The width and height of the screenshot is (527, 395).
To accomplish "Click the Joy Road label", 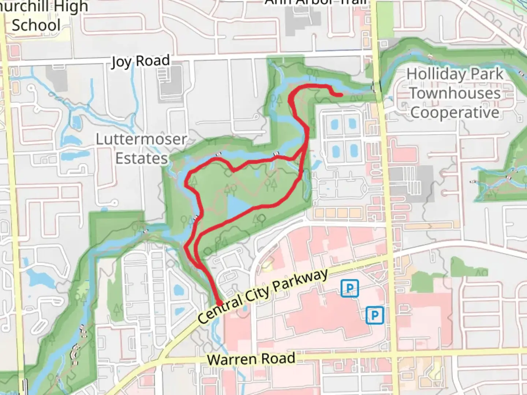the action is [141, 61].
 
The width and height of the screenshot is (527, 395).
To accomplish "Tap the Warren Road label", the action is [251, 358].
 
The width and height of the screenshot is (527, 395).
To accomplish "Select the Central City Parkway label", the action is [263, 296].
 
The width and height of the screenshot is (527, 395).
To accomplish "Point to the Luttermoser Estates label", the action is [141, 148].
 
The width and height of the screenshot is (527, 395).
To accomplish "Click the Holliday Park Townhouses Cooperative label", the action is [455, 93].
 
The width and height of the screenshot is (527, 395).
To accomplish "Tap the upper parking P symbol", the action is [350, 289].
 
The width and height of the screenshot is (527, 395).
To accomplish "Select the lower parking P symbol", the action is [374, 315].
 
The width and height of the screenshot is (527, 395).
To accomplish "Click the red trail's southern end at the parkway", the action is [219, 303].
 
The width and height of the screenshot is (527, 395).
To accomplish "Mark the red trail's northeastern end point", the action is [341, 95].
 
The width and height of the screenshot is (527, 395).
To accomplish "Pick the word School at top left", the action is [36, 26].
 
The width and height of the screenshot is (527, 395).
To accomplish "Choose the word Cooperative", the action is [455, 112].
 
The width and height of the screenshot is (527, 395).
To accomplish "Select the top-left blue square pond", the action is [334, 125].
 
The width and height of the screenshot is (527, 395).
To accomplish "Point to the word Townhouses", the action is [455, 93].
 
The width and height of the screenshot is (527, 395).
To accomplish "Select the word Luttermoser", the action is [141, 139].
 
